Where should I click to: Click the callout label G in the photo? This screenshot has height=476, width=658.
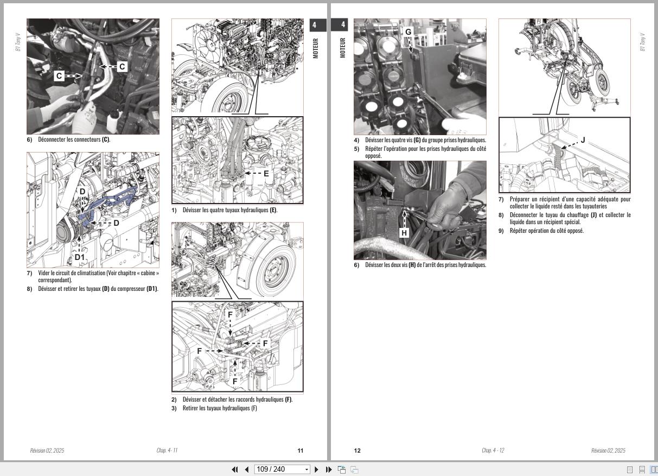point(408,32)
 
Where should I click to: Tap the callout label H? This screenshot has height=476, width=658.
point(404,233)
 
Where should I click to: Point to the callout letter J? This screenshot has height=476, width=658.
point(583,140)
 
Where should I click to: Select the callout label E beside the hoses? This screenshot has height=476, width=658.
point(266,174)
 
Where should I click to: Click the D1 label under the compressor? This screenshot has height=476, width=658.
point(80,257)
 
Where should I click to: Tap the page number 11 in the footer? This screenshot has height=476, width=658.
point(301,450)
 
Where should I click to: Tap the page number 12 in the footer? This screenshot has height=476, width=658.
point(357,450)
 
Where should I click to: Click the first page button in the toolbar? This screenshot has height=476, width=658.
point(235,469)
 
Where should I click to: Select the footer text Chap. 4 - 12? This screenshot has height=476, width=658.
point(493,450)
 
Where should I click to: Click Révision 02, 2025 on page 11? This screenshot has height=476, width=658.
point(47,450)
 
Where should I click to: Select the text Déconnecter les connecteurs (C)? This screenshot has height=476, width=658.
point(74,139)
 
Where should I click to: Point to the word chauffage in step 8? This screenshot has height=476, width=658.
point(577,215)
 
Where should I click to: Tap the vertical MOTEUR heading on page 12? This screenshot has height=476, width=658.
point(342,47)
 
